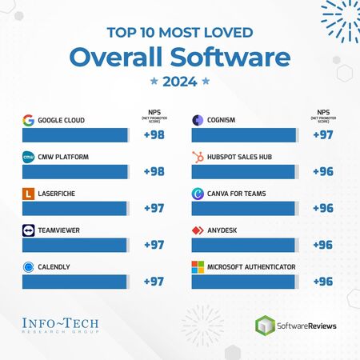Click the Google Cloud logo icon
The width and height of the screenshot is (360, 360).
[28, 121]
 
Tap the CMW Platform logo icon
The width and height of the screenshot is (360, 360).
[28, 157]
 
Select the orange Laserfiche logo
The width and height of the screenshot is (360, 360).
[28, 194]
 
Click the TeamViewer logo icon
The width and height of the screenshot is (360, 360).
[28, 230]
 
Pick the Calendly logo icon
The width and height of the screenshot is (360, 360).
[28, 267]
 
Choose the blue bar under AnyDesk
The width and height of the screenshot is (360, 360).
[245, 245]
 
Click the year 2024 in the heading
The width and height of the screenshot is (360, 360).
[180, 81]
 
